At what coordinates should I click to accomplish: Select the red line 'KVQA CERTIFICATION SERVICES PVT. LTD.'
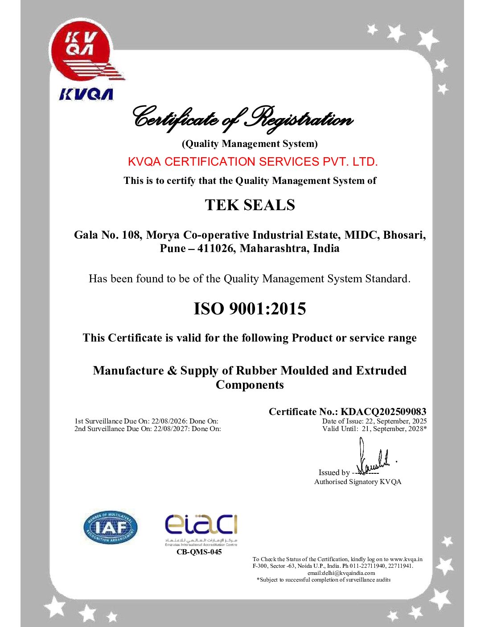tap(253, 162)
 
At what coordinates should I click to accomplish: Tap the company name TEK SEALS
tap(250, 205)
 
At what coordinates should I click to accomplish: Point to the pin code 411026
tap(216, 248)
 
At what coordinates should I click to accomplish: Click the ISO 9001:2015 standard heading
tap(250, 309)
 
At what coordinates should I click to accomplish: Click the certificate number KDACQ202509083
tap(383, 411)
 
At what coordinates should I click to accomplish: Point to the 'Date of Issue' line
tap(374, 421)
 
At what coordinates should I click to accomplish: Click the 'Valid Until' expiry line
tap(374, 429)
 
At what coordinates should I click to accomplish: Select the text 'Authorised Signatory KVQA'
tap(358, 482)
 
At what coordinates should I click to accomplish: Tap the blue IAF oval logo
tap(110, 528)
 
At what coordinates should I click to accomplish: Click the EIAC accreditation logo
tap(201, 528)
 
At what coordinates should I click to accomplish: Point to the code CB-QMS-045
tap(199, 552)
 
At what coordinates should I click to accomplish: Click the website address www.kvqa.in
tap(406, 559)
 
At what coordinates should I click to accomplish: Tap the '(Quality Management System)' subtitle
tap(250, 144)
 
